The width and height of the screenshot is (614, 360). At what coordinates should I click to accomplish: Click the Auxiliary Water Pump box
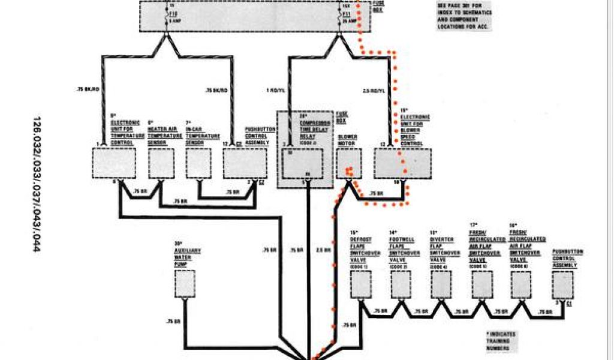pos(185,283)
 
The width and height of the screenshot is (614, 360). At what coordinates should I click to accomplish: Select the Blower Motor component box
pos(348,163)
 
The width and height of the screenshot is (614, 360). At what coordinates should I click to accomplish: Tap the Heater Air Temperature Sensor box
pos(161,163)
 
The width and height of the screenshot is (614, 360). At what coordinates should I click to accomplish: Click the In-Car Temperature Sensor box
pos(198,163)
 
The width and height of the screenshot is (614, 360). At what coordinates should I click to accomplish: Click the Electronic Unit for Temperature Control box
pos(114,163)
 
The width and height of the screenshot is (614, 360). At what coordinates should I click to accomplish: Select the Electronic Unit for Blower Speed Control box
pos(402,163)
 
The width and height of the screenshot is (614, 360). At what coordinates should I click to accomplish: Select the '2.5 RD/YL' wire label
pos(375,90)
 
